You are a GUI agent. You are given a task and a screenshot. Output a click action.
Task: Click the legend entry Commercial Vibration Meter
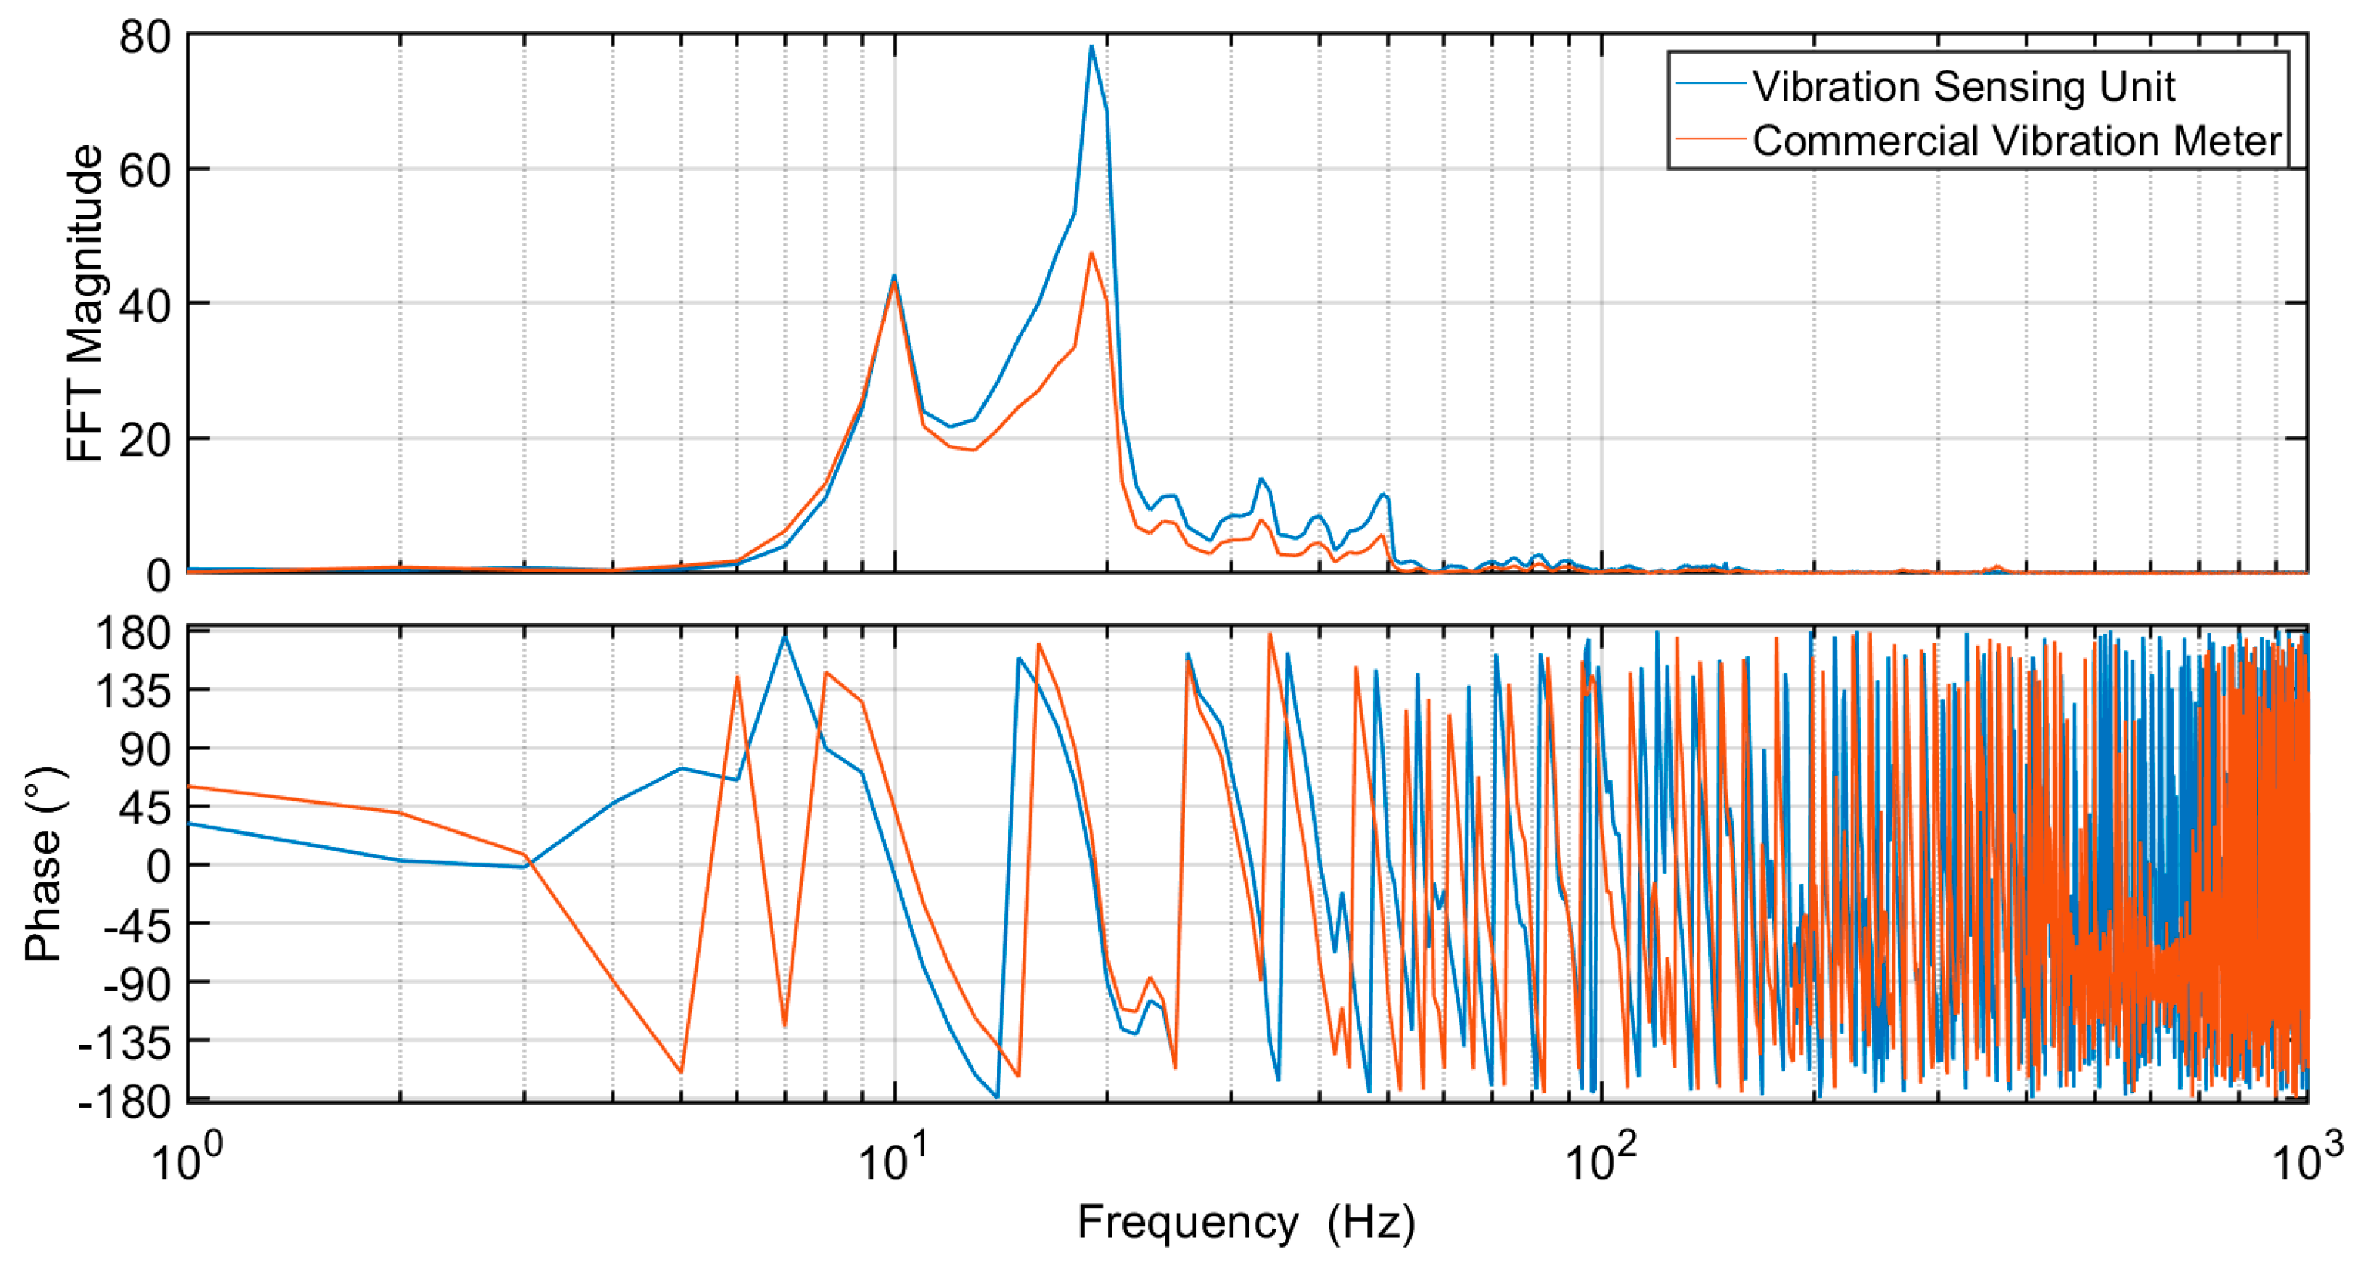click(x=2016, y=141)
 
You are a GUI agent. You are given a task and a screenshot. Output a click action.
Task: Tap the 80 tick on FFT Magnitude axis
click(x=145, y=38)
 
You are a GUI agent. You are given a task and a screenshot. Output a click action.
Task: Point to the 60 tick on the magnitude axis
click(x=145, y=170)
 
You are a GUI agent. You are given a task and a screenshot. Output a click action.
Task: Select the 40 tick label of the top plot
click(x=145, y=305)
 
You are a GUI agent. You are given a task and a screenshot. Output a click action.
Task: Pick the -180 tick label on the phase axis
click(x=125, y=1100)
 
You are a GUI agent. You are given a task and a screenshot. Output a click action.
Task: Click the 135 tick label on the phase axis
click(x=134, y=691)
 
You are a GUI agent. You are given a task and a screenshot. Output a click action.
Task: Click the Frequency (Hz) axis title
click(x=1246, y=1223)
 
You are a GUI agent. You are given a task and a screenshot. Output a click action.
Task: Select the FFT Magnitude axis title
click(x=85, y=303)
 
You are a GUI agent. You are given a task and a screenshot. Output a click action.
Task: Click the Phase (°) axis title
click(x=44, y=864)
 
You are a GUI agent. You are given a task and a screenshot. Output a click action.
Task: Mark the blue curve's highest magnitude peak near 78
click(x=1091, y=47)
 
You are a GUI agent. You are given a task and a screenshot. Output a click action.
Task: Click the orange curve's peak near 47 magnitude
click(x=1091, y=253)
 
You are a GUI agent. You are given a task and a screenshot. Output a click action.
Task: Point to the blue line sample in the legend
click(x=1710, y=85)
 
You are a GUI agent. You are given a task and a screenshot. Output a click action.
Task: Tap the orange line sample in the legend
click(x=1710, y=139)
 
